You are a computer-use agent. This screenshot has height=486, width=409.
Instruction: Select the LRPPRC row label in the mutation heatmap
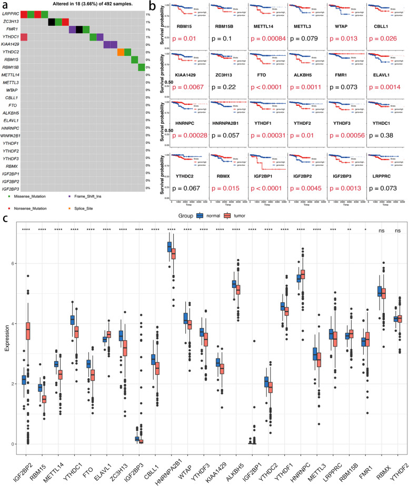10,14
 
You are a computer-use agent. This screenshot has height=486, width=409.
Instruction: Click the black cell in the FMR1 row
79,29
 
